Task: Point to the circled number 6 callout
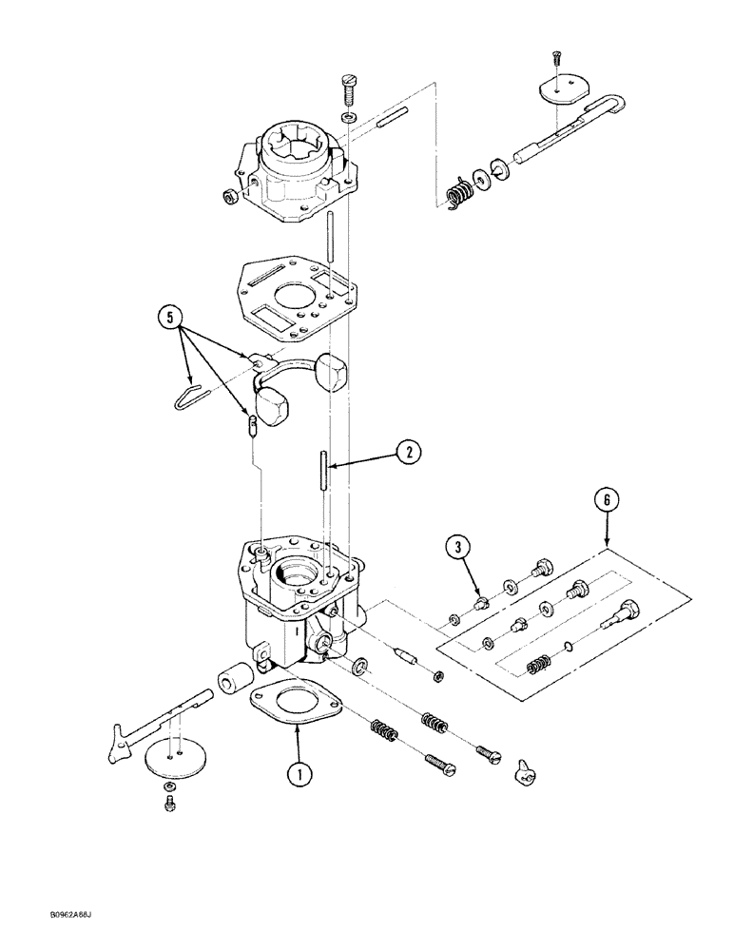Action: tap(609, 496)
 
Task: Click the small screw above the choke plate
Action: tap(557, 56)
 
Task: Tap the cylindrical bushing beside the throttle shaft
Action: tap(233, 680)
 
